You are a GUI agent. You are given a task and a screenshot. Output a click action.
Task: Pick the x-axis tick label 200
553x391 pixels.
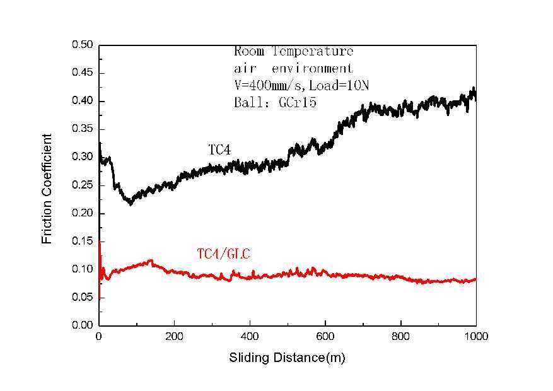point(175,337)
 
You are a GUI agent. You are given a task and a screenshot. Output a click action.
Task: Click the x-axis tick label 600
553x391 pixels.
point(325,337)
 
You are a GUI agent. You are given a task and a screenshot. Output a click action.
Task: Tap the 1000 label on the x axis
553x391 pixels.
point(476,337)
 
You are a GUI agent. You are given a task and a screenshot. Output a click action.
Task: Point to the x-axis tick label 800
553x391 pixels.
point(400,337)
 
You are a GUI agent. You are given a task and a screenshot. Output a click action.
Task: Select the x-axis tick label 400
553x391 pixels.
point(250,337)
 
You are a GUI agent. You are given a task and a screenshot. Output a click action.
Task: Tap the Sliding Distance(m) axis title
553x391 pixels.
point(287,358)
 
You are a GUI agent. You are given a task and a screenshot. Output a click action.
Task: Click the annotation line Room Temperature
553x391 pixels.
point(293,52)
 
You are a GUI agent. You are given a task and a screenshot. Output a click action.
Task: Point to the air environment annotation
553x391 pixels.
point(293,68)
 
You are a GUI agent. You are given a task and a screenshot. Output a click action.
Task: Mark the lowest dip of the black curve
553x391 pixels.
point(131,204)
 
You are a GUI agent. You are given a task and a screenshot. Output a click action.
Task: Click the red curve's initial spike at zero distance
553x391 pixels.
point(100,243)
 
